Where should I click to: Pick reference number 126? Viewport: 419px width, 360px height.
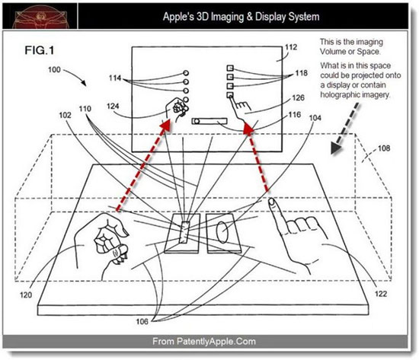(290, 100)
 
